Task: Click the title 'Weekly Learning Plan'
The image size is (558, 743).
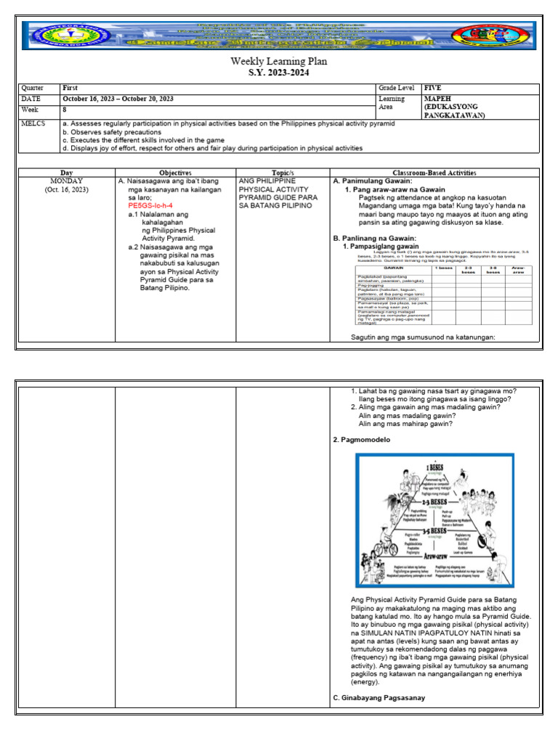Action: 278,61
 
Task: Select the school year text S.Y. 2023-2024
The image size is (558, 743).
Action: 278,73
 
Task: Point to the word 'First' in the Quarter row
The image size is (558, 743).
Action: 70,88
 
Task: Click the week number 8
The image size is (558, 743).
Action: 65,110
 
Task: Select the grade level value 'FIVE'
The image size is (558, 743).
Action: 433,88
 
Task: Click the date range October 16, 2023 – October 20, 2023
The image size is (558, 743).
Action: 118,99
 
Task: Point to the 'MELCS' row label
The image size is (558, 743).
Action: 33,124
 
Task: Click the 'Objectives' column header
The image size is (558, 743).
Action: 175,173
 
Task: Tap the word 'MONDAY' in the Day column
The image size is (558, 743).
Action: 66,181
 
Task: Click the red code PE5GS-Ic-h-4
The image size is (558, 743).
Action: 150,205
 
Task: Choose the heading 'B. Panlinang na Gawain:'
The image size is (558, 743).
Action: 374,238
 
